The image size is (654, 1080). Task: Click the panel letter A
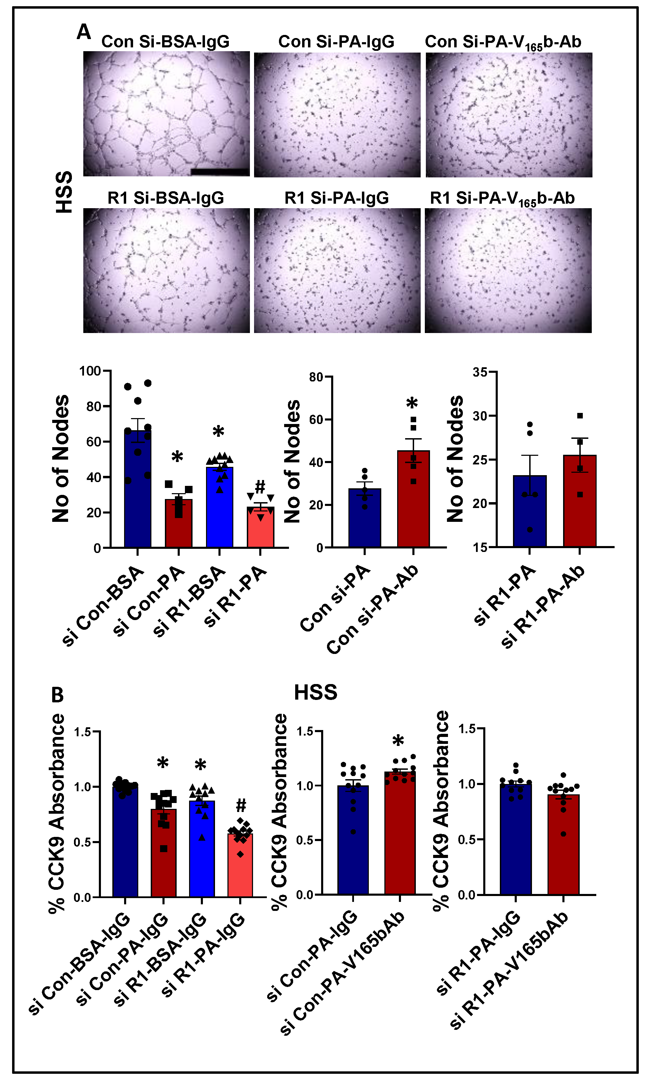pyautogui.click(x=83, y=32)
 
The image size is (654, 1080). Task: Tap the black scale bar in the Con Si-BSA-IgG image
pyautogui.click(x=220, y=172)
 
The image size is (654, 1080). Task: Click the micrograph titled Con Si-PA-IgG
pyautogui.click(x=337, y=115)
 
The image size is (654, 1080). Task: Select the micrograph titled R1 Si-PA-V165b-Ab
pyautogui.click(x=508, y=270)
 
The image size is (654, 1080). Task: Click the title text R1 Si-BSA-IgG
pyautogui.click(x=166, y=198)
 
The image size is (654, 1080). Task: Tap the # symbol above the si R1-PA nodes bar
pyautogui.click(x=260, y=486)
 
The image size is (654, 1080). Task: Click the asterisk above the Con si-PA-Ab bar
pyautogui.click(x=412, y=403)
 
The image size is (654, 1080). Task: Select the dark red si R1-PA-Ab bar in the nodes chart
pyautogui.click(x=580, y=504)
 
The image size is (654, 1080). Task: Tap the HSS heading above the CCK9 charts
pyautogui.click(x=315, y=693)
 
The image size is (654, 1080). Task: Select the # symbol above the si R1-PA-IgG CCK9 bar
pyautogui.click(x=241, y=805)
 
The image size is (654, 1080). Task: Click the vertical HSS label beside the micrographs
pyautogui.click(x=64, y=192)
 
